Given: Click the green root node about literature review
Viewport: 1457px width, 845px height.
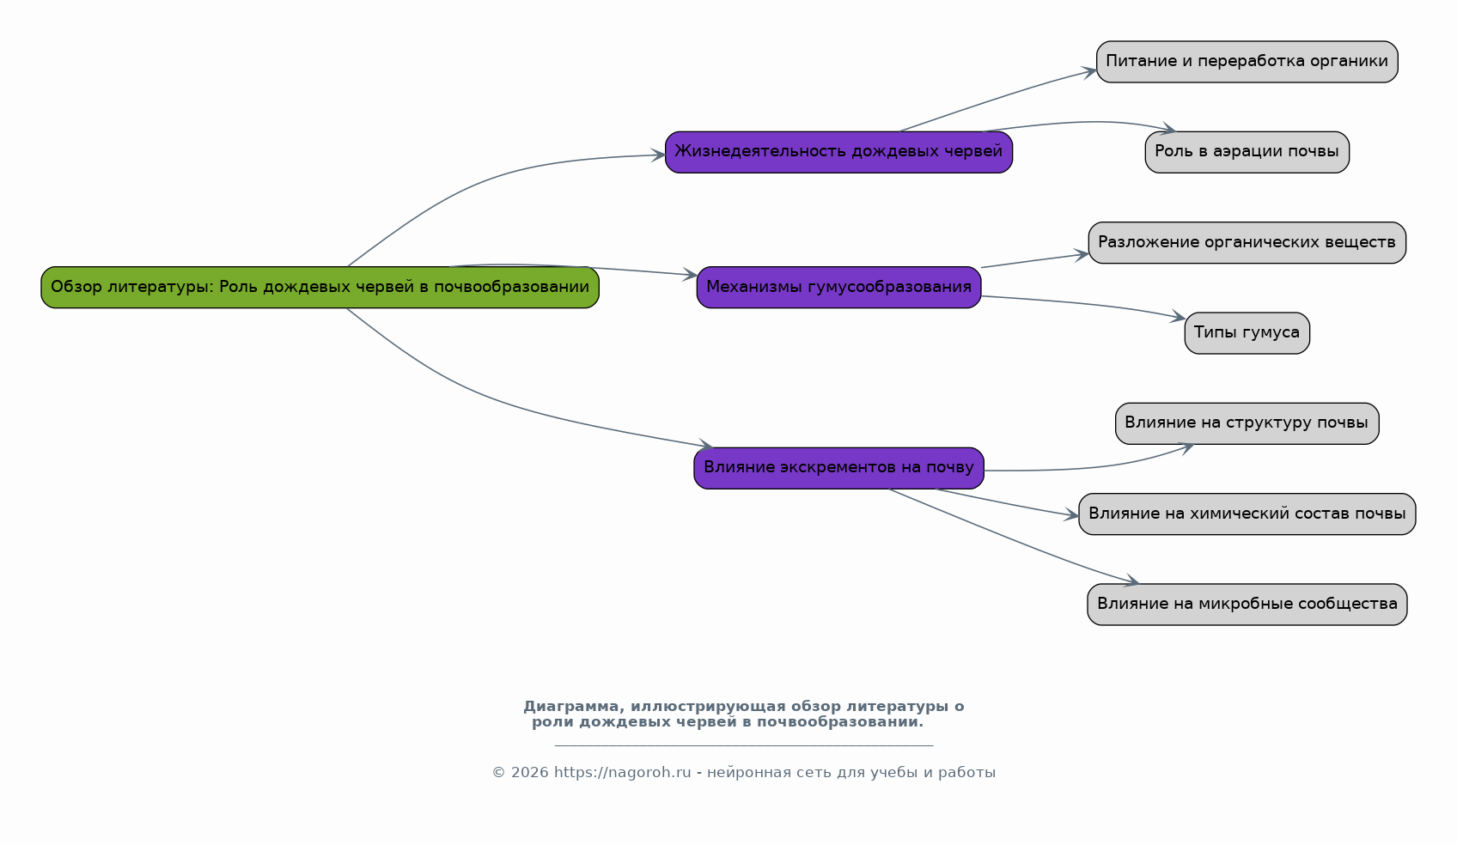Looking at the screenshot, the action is click(320, 288).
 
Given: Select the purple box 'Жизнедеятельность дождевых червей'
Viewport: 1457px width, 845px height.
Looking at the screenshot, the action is click(838, 152).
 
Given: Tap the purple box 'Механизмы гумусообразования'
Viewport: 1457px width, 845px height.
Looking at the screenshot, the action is click(838, 288).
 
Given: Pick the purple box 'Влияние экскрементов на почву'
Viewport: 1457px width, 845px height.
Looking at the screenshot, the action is click(838, 468).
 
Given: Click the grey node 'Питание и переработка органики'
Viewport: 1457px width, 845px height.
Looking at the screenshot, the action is click(1247, 62).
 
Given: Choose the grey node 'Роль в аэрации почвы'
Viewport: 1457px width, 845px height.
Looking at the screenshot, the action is click(1247, 152).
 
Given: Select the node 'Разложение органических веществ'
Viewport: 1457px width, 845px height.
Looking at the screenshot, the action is click(1247, 242).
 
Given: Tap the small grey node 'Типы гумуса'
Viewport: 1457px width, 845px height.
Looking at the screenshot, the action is click(1247, 333).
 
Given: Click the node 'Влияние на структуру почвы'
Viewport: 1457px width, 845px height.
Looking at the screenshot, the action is click(1247, 423).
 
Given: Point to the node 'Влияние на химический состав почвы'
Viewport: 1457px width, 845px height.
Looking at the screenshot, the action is click(1247, 514).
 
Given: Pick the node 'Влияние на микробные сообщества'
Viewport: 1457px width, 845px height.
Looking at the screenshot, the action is click(1247, 604).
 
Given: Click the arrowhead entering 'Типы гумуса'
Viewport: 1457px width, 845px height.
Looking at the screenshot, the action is click(1177, 317).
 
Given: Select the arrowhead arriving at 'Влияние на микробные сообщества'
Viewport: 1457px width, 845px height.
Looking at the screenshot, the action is click(1131, 581).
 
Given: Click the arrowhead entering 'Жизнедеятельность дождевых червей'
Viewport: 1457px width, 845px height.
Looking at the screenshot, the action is click(657, 155).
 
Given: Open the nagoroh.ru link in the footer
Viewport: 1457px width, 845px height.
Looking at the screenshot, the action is click(623, 772).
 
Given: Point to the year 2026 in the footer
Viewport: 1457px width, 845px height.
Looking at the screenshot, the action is click(529, 772).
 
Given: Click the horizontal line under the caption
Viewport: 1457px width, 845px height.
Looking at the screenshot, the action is click(744, 745).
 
